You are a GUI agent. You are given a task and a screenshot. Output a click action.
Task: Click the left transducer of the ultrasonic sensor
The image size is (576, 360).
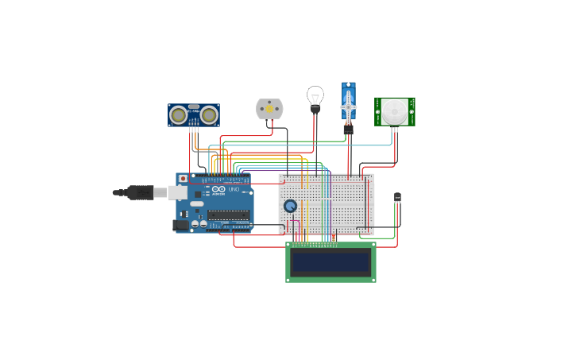pos(179,115)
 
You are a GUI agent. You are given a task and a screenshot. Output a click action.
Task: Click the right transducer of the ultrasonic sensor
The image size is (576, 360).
pos(209,115)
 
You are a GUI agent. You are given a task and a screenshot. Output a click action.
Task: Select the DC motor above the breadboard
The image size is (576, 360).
pos(269,109)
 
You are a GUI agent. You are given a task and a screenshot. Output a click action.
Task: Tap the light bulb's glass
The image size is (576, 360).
pos(315,95)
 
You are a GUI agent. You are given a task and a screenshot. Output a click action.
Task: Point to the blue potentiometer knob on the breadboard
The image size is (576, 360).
pos(290,206)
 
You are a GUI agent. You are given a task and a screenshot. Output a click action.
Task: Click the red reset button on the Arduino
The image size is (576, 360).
pos(184,179)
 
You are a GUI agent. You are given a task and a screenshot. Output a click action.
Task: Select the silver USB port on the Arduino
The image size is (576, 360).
pos(178,192)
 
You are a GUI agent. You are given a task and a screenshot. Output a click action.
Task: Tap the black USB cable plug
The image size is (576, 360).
pos(140,192)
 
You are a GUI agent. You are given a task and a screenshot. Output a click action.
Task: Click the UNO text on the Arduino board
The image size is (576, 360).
pos(234,190)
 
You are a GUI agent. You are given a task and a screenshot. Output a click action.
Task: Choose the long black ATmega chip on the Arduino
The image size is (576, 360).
pos(228,215)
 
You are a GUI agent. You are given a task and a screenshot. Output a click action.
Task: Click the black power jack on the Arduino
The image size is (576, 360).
pos(181,225)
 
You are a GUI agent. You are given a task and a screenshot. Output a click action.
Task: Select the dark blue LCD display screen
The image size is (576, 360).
pos(331,262)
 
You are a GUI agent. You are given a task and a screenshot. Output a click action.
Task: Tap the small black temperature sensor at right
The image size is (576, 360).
pos(398,197)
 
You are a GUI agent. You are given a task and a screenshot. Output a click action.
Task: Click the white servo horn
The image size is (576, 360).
pos(348,106)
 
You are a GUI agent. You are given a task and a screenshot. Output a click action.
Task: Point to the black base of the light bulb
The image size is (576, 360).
pos(315,109)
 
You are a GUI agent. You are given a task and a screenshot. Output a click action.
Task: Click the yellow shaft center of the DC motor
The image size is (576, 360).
pos(269,109)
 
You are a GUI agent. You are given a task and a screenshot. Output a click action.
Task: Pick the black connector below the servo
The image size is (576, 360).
pos(348,129)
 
